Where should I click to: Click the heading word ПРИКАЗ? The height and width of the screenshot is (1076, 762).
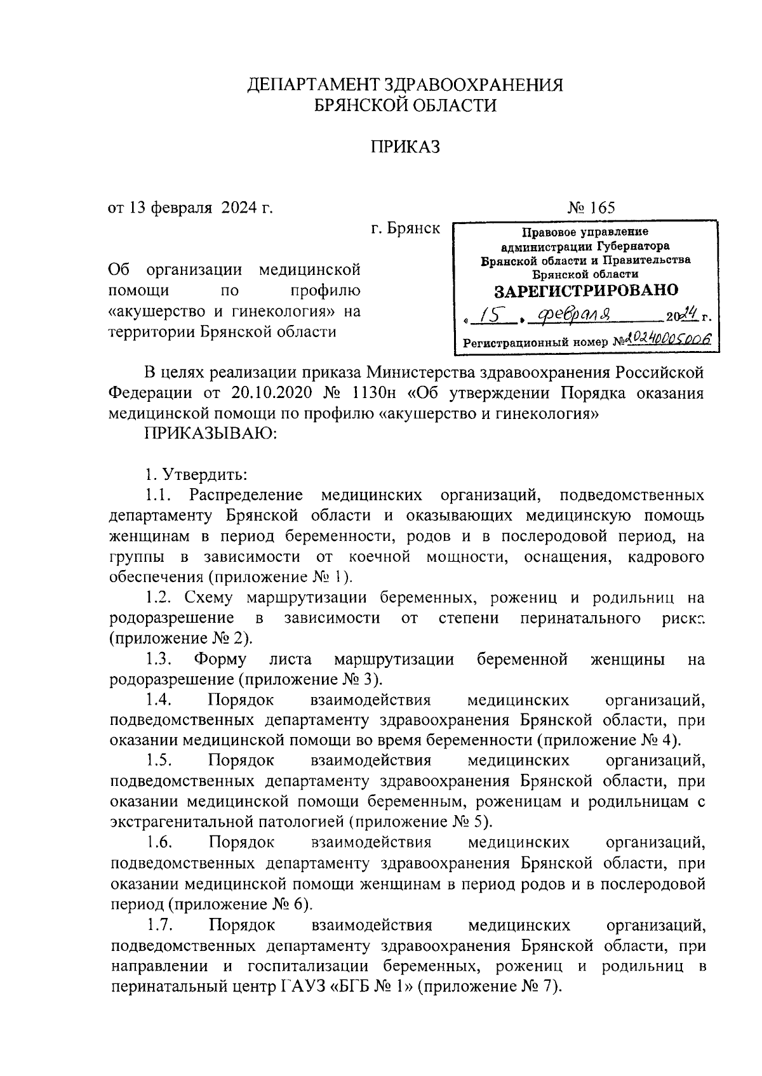pyautogui.click(x=404, y=148)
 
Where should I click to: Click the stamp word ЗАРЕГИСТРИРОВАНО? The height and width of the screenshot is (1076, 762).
pyautogui.click(x=586, y=291)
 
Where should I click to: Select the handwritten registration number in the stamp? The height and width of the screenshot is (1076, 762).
pyautogui.click(x=667, y=340)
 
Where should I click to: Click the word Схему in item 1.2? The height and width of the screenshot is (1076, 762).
pyautogui.click(x=210, y=597)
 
